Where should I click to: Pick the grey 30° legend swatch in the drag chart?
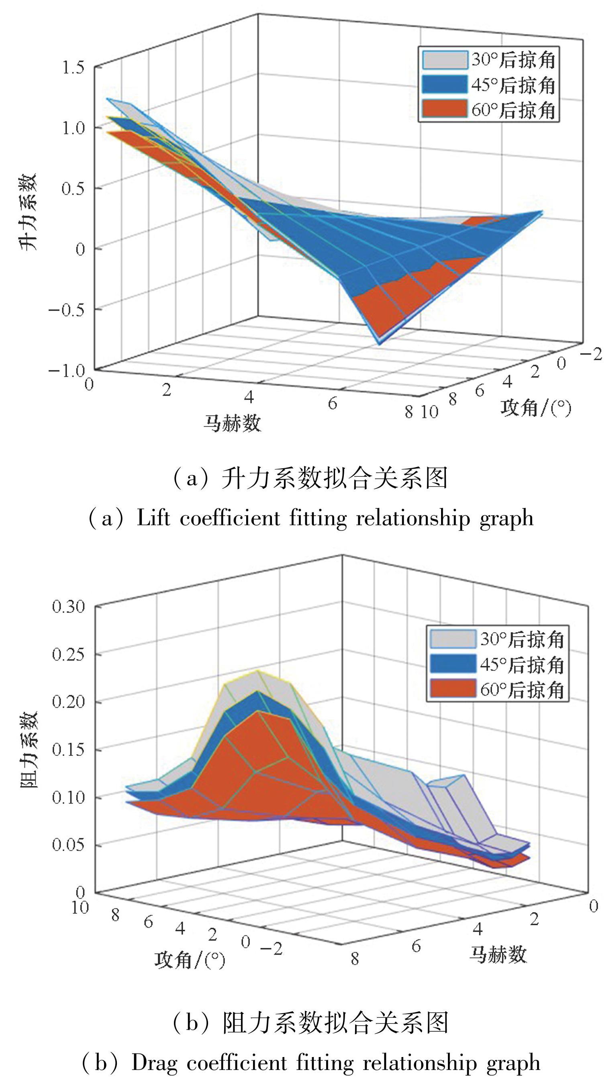pyautogui.click(x=453, y=639)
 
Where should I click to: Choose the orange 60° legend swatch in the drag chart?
pyautogui.click(x=453, y=689)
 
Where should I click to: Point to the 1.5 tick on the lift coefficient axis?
pyautogui.click(x=73, y=67)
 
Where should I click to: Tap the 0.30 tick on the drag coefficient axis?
pyautogui.click(x=68, y=606)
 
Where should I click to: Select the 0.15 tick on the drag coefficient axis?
pyautogui.click(x=68, y=749)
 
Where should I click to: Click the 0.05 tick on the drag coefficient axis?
pyautogui.click(x=68, y=845)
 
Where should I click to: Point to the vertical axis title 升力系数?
pyautogui.click(x=29, y=212)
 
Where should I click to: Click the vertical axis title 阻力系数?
pyautogui.click(x=29, y=749)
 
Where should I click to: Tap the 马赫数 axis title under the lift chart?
pyautogui.click(x=232, y=423)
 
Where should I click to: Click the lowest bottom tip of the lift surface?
pyautogui.click(x=379, y=343)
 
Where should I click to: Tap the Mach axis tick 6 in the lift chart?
pyautogui.click(x=332, y=403)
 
